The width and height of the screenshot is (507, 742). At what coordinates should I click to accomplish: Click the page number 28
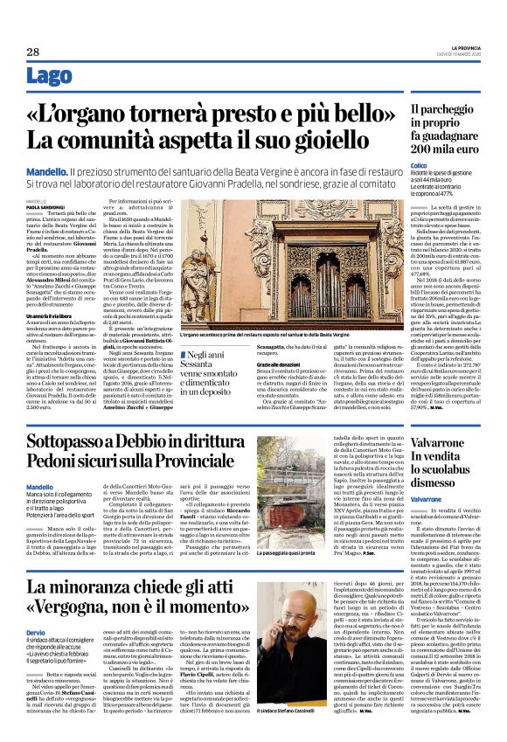click(x=32, y=52)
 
